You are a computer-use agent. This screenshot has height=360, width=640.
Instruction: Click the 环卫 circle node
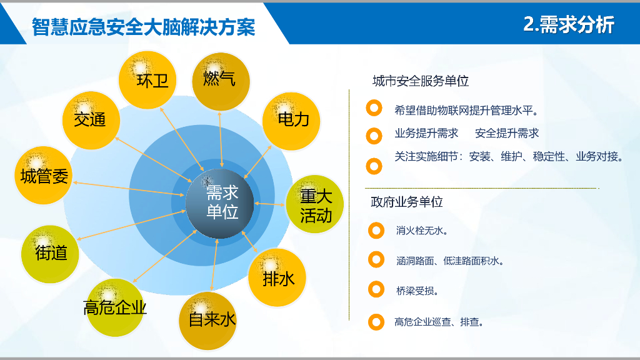point(148,79)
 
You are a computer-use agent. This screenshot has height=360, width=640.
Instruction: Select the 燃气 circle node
point(219,80)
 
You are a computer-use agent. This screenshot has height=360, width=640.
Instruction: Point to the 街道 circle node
point(51,253)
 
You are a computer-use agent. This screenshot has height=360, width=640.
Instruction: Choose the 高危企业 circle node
point(115,307)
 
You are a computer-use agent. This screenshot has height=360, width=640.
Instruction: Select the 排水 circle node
point(278,278)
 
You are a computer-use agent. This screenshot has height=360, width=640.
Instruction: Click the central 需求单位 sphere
point(221,201)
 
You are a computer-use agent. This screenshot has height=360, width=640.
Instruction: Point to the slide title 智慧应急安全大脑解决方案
point(144,27)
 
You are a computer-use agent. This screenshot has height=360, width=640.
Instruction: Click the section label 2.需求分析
point(568,24)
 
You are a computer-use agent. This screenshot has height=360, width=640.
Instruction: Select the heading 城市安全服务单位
point(420,81)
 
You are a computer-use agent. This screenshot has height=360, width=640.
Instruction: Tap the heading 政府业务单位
point(407,202)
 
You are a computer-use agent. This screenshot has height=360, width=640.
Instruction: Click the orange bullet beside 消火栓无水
point(376,230)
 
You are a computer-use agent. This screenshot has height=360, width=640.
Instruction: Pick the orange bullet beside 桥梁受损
point(376,289)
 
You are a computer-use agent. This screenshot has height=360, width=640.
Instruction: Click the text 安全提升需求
point(506,133)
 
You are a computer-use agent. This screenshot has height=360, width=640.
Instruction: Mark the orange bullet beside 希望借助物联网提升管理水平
point(374,109)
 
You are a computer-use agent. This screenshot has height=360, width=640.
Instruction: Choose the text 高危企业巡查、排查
point(439,322)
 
